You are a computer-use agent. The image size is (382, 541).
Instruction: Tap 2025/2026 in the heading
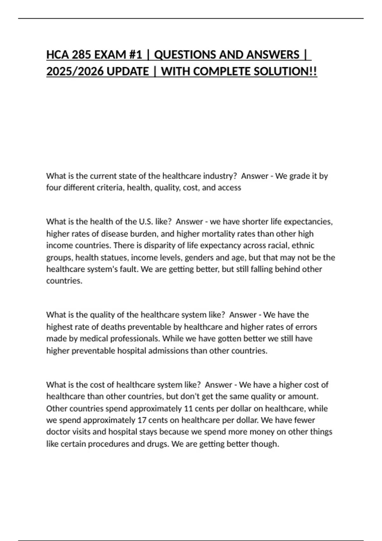[x=75, y=71]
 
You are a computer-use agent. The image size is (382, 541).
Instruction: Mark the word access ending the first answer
[x=230, y=188]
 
